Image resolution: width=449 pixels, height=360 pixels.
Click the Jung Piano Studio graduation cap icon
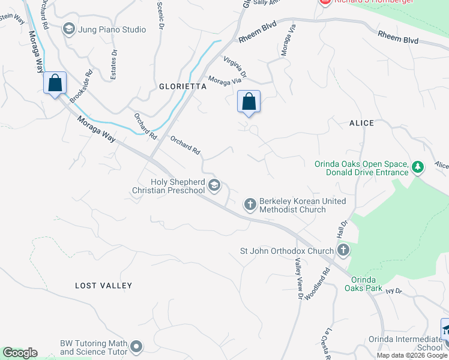point(68,29)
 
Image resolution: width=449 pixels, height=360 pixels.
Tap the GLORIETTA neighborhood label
point(182,86)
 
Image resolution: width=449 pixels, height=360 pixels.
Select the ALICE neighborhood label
point(361,123)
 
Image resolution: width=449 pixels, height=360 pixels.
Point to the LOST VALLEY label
point(103,286)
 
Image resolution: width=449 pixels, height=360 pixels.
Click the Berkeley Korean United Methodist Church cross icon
point(250,205)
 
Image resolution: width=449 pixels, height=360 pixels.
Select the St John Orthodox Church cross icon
point(343,250)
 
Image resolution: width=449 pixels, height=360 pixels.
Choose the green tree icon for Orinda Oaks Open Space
point(418,166)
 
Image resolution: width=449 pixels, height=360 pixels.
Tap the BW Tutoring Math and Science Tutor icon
point(137,346)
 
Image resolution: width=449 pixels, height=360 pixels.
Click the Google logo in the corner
point(20,353)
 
